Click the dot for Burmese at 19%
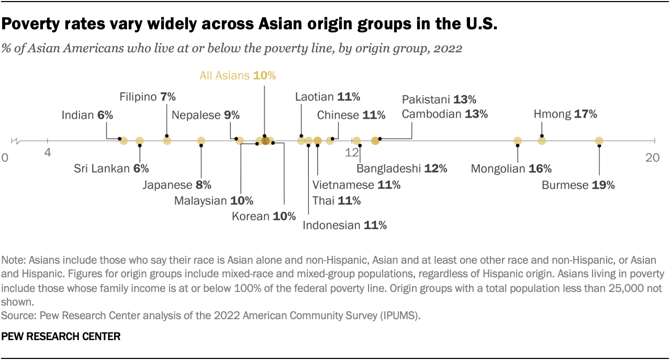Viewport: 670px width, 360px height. (x=599, y=141)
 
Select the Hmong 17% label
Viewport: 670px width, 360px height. (x=565, y=114)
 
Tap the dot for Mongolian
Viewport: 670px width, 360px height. (x=518, y=141)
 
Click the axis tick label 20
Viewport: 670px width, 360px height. (x=652, y=158)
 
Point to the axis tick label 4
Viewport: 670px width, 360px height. (x=48, y=153)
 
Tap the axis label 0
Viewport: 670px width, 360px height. (x=5, y=158)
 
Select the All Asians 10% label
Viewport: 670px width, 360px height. (x=238, y=75)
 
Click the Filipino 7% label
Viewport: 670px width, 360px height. (x=148, y=97)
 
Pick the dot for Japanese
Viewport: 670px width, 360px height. (x=201, y=141)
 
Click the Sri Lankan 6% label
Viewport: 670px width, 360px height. (x=111, y=168)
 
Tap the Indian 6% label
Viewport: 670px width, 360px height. (x=87, y=115)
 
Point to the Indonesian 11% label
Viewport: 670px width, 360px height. (x=344, y=226)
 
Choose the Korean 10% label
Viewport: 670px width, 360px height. (x=264, y=216)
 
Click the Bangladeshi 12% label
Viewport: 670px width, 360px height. (x=401, y=168)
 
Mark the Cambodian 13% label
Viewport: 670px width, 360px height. (x=444, y=114)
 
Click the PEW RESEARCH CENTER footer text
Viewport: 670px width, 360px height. (x=61, y=337)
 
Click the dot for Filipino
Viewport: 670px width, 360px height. (x=167, y=141)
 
